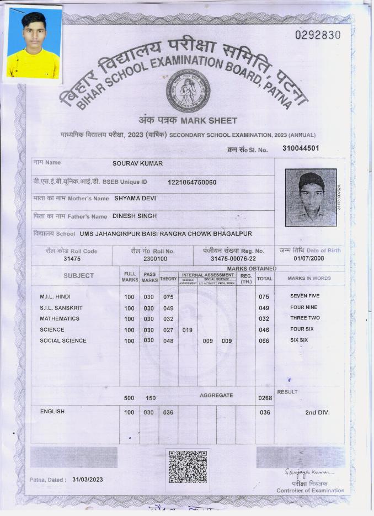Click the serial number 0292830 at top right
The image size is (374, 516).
[x=318, y=35]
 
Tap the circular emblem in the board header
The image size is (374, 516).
[x=188, y=91]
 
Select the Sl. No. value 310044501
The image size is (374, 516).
[x=300, y=148]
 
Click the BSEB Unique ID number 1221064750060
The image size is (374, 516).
[x=192, y=182]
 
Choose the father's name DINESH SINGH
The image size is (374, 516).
[x=135, y=216]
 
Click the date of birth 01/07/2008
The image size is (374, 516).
[x=309, y=258]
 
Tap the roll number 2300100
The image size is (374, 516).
[x=155, y=258]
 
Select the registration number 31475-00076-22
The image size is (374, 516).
[x=233, y=258]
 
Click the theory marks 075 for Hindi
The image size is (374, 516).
[x=168, y=297]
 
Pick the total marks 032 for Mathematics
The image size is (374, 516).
[x=264, y=319]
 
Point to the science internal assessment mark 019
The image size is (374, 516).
[x=188, y=330]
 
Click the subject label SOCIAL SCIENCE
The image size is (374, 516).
[x=63, y=341]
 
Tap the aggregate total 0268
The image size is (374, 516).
[x=265, y=398]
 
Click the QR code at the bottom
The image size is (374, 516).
[x=188, y=467]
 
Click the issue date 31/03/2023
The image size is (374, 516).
[x=87, y=480]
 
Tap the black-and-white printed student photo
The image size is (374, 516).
[x=311, y=197]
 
